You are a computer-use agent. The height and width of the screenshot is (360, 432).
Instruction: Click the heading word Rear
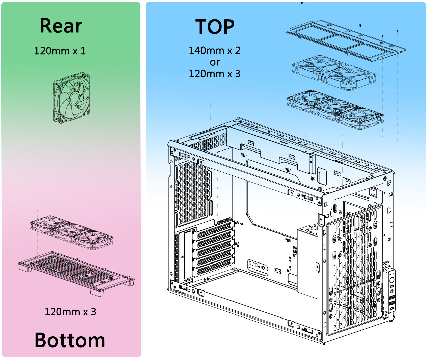pos(61,26)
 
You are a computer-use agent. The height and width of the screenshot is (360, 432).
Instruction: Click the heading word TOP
pos(215,27)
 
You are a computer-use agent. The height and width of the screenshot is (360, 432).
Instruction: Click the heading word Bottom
pos(70,340)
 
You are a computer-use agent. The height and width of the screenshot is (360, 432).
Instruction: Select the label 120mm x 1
pos(60,51)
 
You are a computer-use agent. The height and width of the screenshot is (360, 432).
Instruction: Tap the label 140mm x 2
pos(214,51)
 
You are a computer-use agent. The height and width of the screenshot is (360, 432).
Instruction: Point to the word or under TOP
pos(214,62)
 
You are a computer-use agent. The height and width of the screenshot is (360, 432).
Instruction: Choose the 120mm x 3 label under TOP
pos(214,74)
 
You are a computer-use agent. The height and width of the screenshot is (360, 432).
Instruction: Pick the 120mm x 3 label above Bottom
pos(70,312)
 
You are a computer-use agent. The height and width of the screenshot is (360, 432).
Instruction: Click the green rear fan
pos(72,98)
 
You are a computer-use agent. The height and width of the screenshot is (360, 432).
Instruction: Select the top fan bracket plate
pos(346,41)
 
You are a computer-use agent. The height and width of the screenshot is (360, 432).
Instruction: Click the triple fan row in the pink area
pos(72,232)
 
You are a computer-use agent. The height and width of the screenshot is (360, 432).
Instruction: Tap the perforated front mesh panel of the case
pos(354,267)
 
